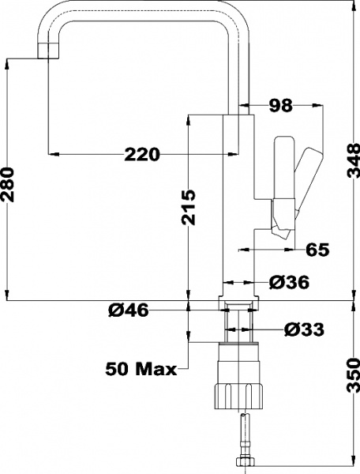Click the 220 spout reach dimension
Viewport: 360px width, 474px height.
(143, 154)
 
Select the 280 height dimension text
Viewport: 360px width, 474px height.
(9, 184)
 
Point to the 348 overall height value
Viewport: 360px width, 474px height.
(352, 163)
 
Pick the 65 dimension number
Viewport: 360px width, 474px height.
(317, 250)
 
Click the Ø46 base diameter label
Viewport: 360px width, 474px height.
(127, 311)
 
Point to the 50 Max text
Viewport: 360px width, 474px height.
(141, 369)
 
